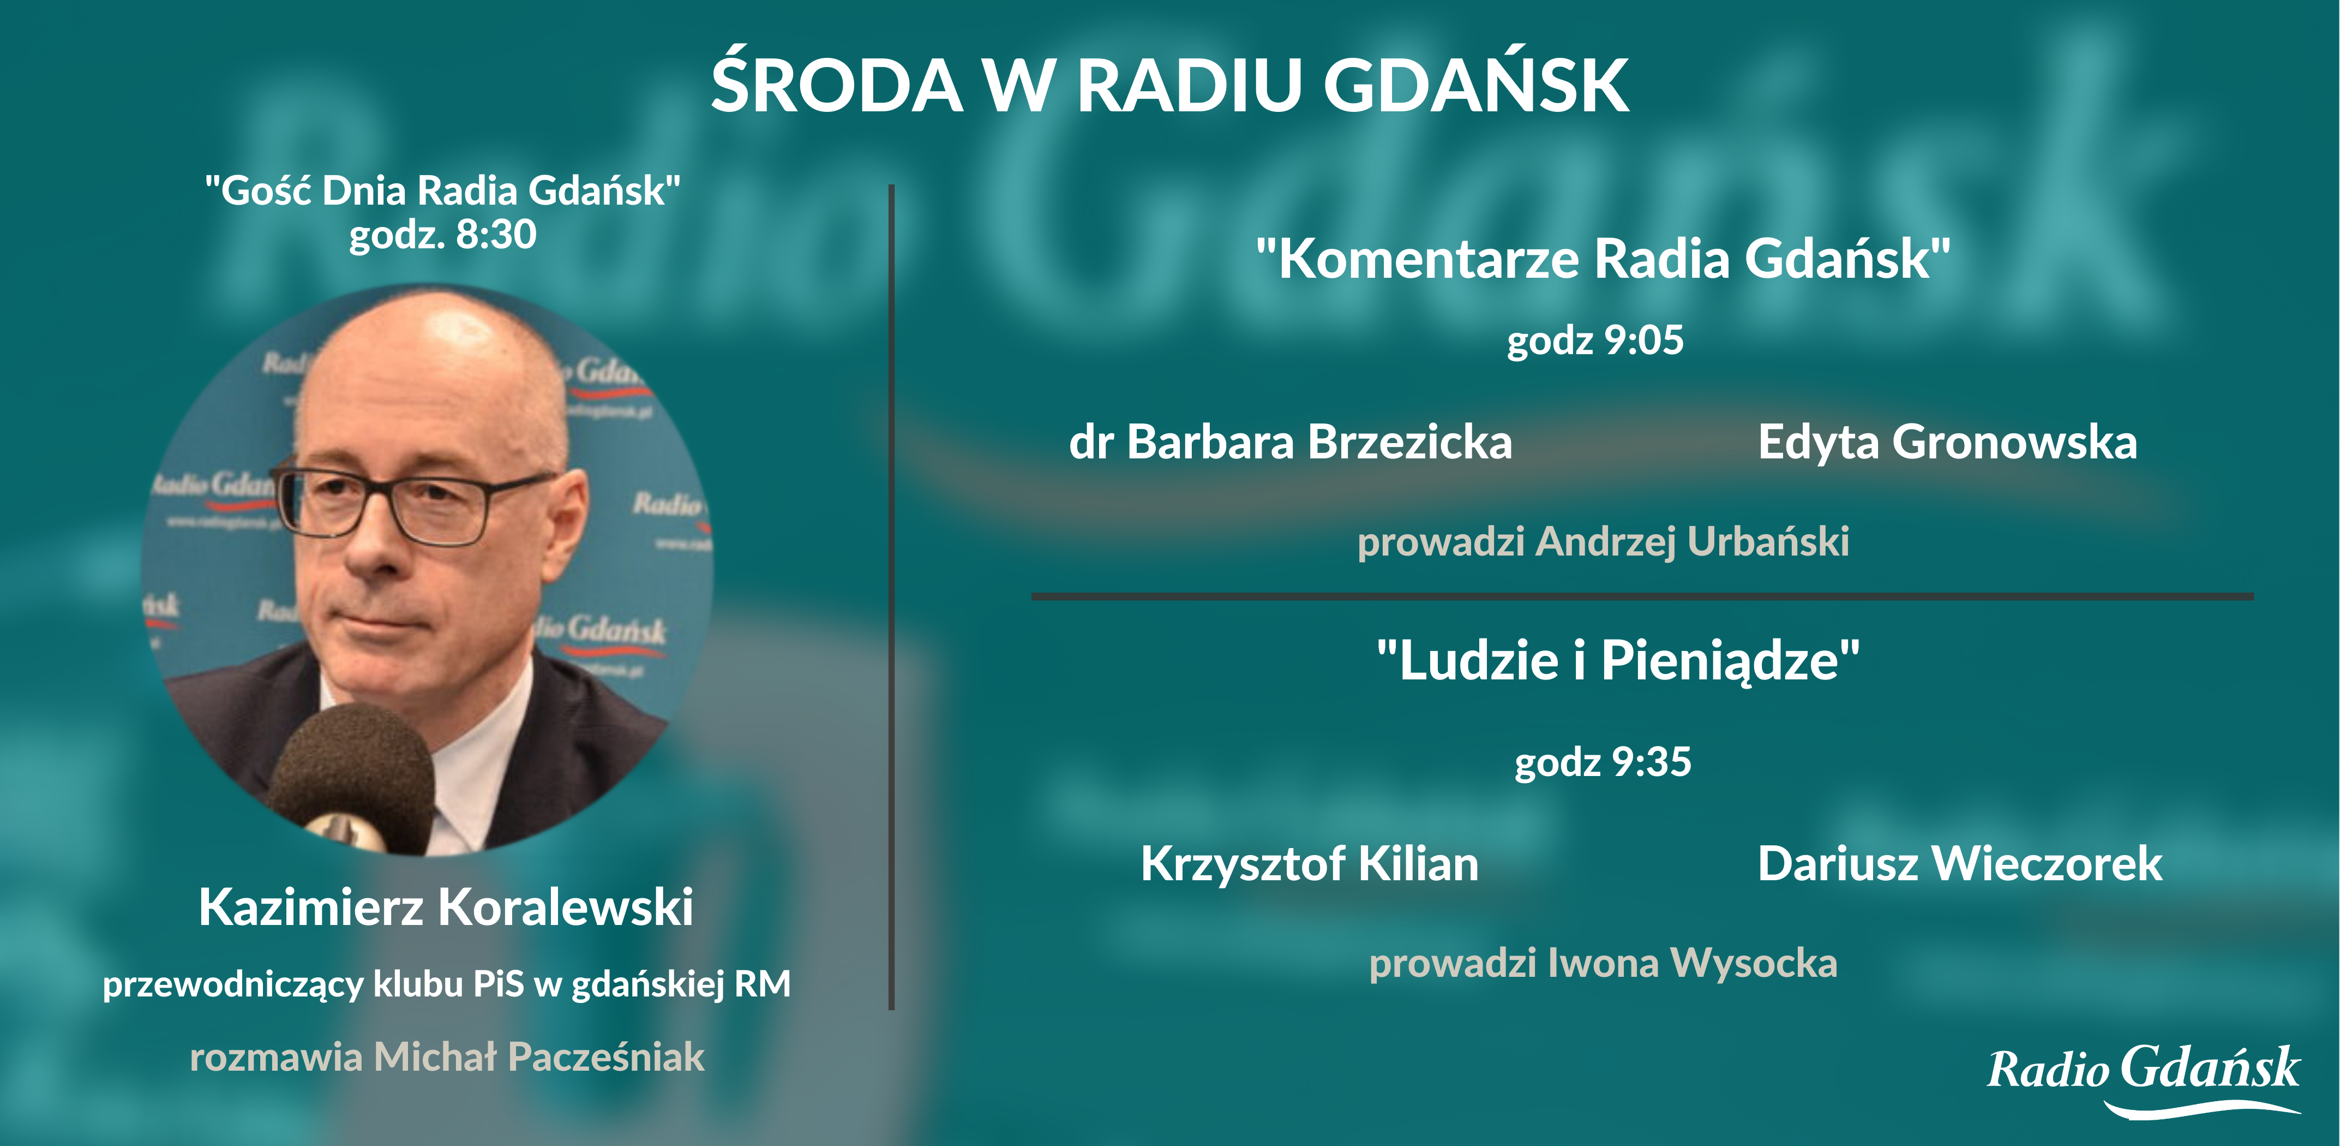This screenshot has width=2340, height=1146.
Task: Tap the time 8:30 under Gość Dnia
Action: click(x=496, y=235)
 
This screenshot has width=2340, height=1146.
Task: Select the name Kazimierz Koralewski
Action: click(x=446, y=907)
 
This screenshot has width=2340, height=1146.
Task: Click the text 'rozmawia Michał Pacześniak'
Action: click(x=447, y=1056)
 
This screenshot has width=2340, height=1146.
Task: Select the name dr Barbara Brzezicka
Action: click(x=1291, y=443)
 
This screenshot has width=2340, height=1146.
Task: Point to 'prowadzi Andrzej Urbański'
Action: click(x=1603, y=542)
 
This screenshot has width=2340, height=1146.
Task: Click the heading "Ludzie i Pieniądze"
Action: click(x=1618, y=661)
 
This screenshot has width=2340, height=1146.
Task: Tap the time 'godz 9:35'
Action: click(x=1603, y=762)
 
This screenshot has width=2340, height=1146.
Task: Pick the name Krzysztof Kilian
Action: click(x=1309, y=865)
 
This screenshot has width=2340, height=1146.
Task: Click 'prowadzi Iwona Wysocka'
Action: click(x=1603, y=963)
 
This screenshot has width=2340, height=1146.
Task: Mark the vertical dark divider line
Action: click(x=892, y=598)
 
